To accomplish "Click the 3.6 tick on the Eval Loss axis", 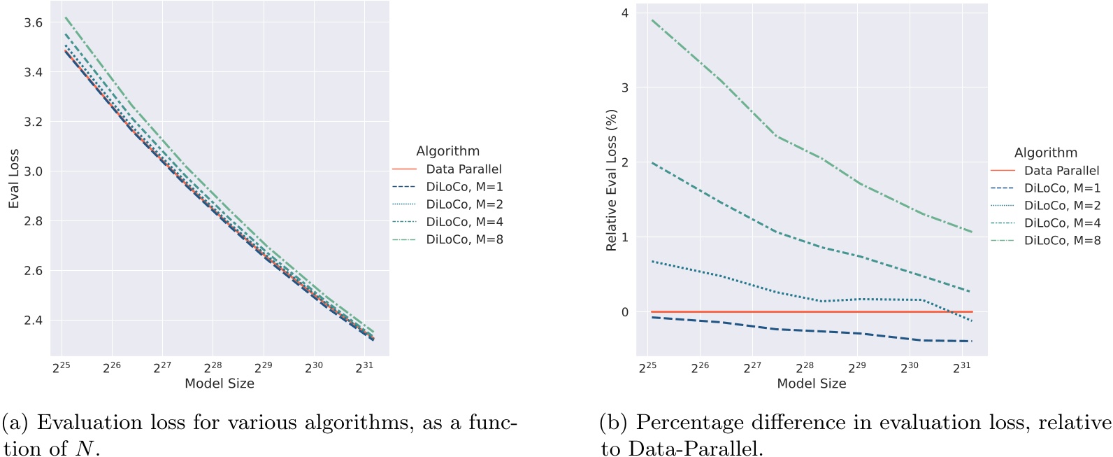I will point(33,22).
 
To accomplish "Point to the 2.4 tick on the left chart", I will point(33,321).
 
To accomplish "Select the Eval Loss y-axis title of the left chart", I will point(14,178).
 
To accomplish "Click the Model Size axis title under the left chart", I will point(220,384).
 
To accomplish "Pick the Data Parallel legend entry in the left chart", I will point(464,169).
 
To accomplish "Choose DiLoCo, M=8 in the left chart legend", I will point(464,239).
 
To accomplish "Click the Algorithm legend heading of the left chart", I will point(447,151).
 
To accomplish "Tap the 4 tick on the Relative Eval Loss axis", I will point(624,13).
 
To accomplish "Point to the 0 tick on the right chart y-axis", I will point(624,312).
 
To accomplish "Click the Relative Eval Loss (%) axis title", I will point(612,180).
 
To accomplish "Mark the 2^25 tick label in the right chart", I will point(647,367).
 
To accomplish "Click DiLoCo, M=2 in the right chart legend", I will point(1062,205).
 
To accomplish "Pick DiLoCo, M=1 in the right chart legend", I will point(1062,188).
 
